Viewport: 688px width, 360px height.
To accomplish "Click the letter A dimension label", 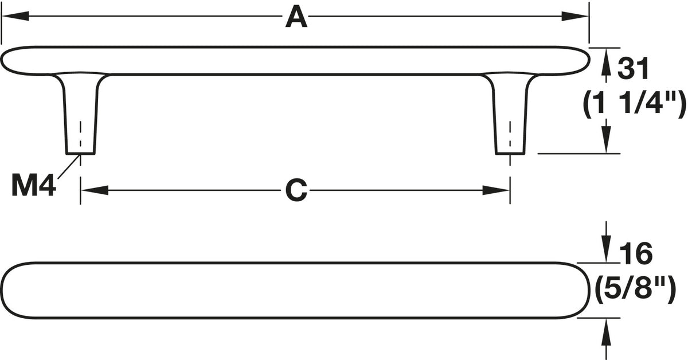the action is tap(296, 17).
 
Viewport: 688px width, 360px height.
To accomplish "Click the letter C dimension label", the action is tap(296, 190).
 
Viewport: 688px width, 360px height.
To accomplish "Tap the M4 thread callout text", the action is tap(33, 185).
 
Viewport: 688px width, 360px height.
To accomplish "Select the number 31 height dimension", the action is tap(634, 68).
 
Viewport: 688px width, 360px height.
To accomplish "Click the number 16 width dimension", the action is tap(636, 253).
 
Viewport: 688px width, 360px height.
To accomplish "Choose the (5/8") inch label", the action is tap(636, 289).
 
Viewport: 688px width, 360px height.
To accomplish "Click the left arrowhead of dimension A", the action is tap(15, 16).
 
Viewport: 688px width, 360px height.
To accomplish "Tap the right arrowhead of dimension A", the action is tap(575, 16).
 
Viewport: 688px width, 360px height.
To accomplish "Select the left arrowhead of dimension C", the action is tap(95, 190).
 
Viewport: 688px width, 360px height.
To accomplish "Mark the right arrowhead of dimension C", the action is tap(496, 190).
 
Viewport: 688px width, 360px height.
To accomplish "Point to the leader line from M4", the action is tap(69, 166).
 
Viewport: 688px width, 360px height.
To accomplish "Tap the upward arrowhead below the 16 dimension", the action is tap(606, 332).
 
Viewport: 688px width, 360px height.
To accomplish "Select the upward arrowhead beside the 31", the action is tap(606, 62).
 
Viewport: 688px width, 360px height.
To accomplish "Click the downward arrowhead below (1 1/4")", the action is tap(606, 139).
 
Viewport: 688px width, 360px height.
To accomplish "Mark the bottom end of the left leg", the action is tap(80, 154).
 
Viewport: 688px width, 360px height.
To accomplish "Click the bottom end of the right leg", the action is tap(510, 154).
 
